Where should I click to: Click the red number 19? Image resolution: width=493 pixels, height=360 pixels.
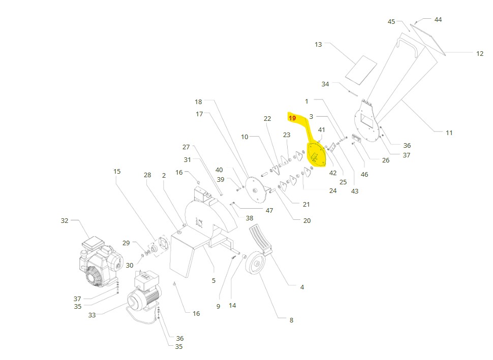pyautogui.click(x=292, y=118)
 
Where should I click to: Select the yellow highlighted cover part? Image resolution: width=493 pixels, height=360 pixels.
pyautogui.click(x=316, y=154)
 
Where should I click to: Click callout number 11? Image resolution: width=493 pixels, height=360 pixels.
pyautogui.click(x=449, y=133)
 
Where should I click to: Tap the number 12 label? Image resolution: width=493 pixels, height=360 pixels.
pyautogui.click(x=480, y=54)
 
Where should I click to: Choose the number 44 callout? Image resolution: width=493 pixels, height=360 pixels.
pyautogui.click(x=438, y=20)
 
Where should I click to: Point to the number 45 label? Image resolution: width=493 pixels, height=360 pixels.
pyautogui.click(x=391, y=22)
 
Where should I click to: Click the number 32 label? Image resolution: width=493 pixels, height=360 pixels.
pyautogui.click(x=65, y=221)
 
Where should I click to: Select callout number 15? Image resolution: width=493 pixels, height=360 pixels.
pyautogui.click(x=117, y=172)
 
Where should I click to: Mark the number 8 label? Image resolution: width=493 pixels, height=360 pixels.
pyautogui.click(x=291, y=320)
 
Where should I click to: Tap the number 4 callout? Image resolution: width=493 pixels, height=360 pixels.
pyautogui.click(x=302, y=287)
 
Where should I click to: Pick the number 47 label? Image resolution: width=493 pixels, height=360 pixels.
pyautogui.click(x=269, y=211)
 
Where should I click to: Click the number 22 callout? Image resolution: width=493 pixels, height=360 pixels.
pyautogui.click(x=267, y=119)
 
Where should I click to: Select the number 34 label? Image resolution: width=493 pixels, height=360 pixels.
pyautogui.click(x=325, y=84)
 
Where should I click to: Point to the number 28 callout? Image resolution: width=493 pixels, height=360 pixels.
pyautogui.click(x=147, y=175)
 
